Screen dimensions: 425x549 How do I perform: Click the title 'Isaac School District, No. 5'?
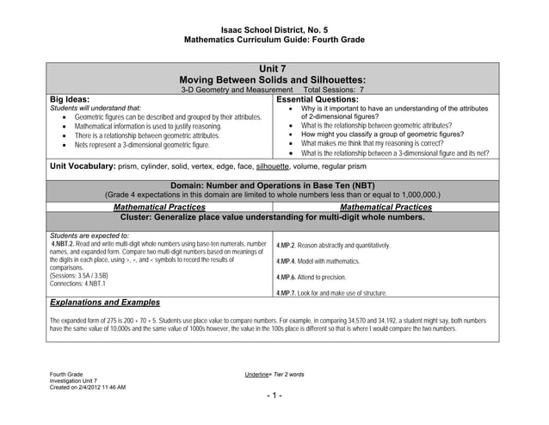274,29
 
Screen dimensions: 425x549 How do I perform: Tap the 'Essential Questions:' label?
317,99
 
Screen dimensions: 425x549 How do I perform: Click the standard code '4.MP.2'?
286,246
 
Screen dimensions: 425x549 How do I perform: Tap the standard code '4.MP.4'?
286,261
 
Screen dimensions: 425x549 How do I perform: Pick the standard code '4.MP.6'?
286,278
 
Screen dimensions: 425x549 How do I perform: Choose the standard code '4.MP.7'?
286,294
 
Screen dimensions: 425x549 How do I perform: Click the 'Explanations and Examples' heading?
105,303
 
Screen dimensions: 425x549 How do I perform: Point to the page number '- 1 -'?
274,397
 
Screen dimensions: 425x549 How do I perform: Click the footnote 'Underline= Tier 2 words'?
274,374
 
